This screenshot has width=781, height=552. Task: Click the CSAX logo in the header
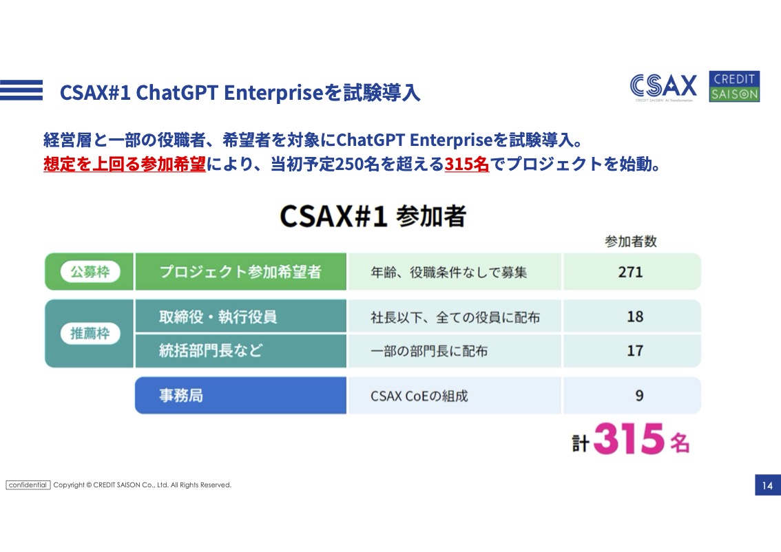(663, 87)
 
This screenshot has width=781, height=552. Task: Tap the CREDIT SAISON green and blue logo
(734, 87)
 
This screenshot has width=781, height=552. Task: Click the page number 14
(767, 485)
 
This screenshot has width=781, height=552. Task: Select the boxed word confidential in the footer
(28, 485)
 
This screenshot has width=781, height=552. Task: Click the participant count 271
(631, 272)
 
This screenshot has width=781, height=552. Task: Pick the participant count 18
(635, 317)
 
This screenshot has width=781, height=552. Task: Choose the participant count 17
(635, 350)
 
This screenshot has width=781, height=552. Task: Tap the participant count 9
(640, 395)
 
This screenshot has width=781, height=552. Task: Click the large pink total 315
(629, 438)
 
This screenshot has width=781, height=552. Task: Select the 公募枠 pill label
(90, 272)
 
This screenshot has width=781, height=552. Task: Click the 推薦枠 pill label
(90, 334)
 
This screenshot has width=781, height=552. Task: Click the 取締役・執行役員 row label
(218, 317)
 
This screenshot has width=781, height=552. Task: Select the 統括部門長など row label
(210, 350)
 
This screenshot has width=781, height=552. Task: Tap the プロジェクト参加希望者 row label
(240, 272)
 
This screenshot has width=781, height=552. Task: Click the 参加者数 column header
(631, 242)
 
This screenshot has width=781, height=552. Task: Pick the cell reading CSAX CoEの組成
(419, 396)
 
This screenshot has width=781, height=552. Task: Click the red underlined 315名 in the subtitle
(467, 164)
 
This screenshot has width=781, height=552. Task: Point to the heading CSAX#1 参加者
(373, 216)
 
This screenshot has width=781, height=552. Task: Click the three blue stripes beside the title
(21, 90)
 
